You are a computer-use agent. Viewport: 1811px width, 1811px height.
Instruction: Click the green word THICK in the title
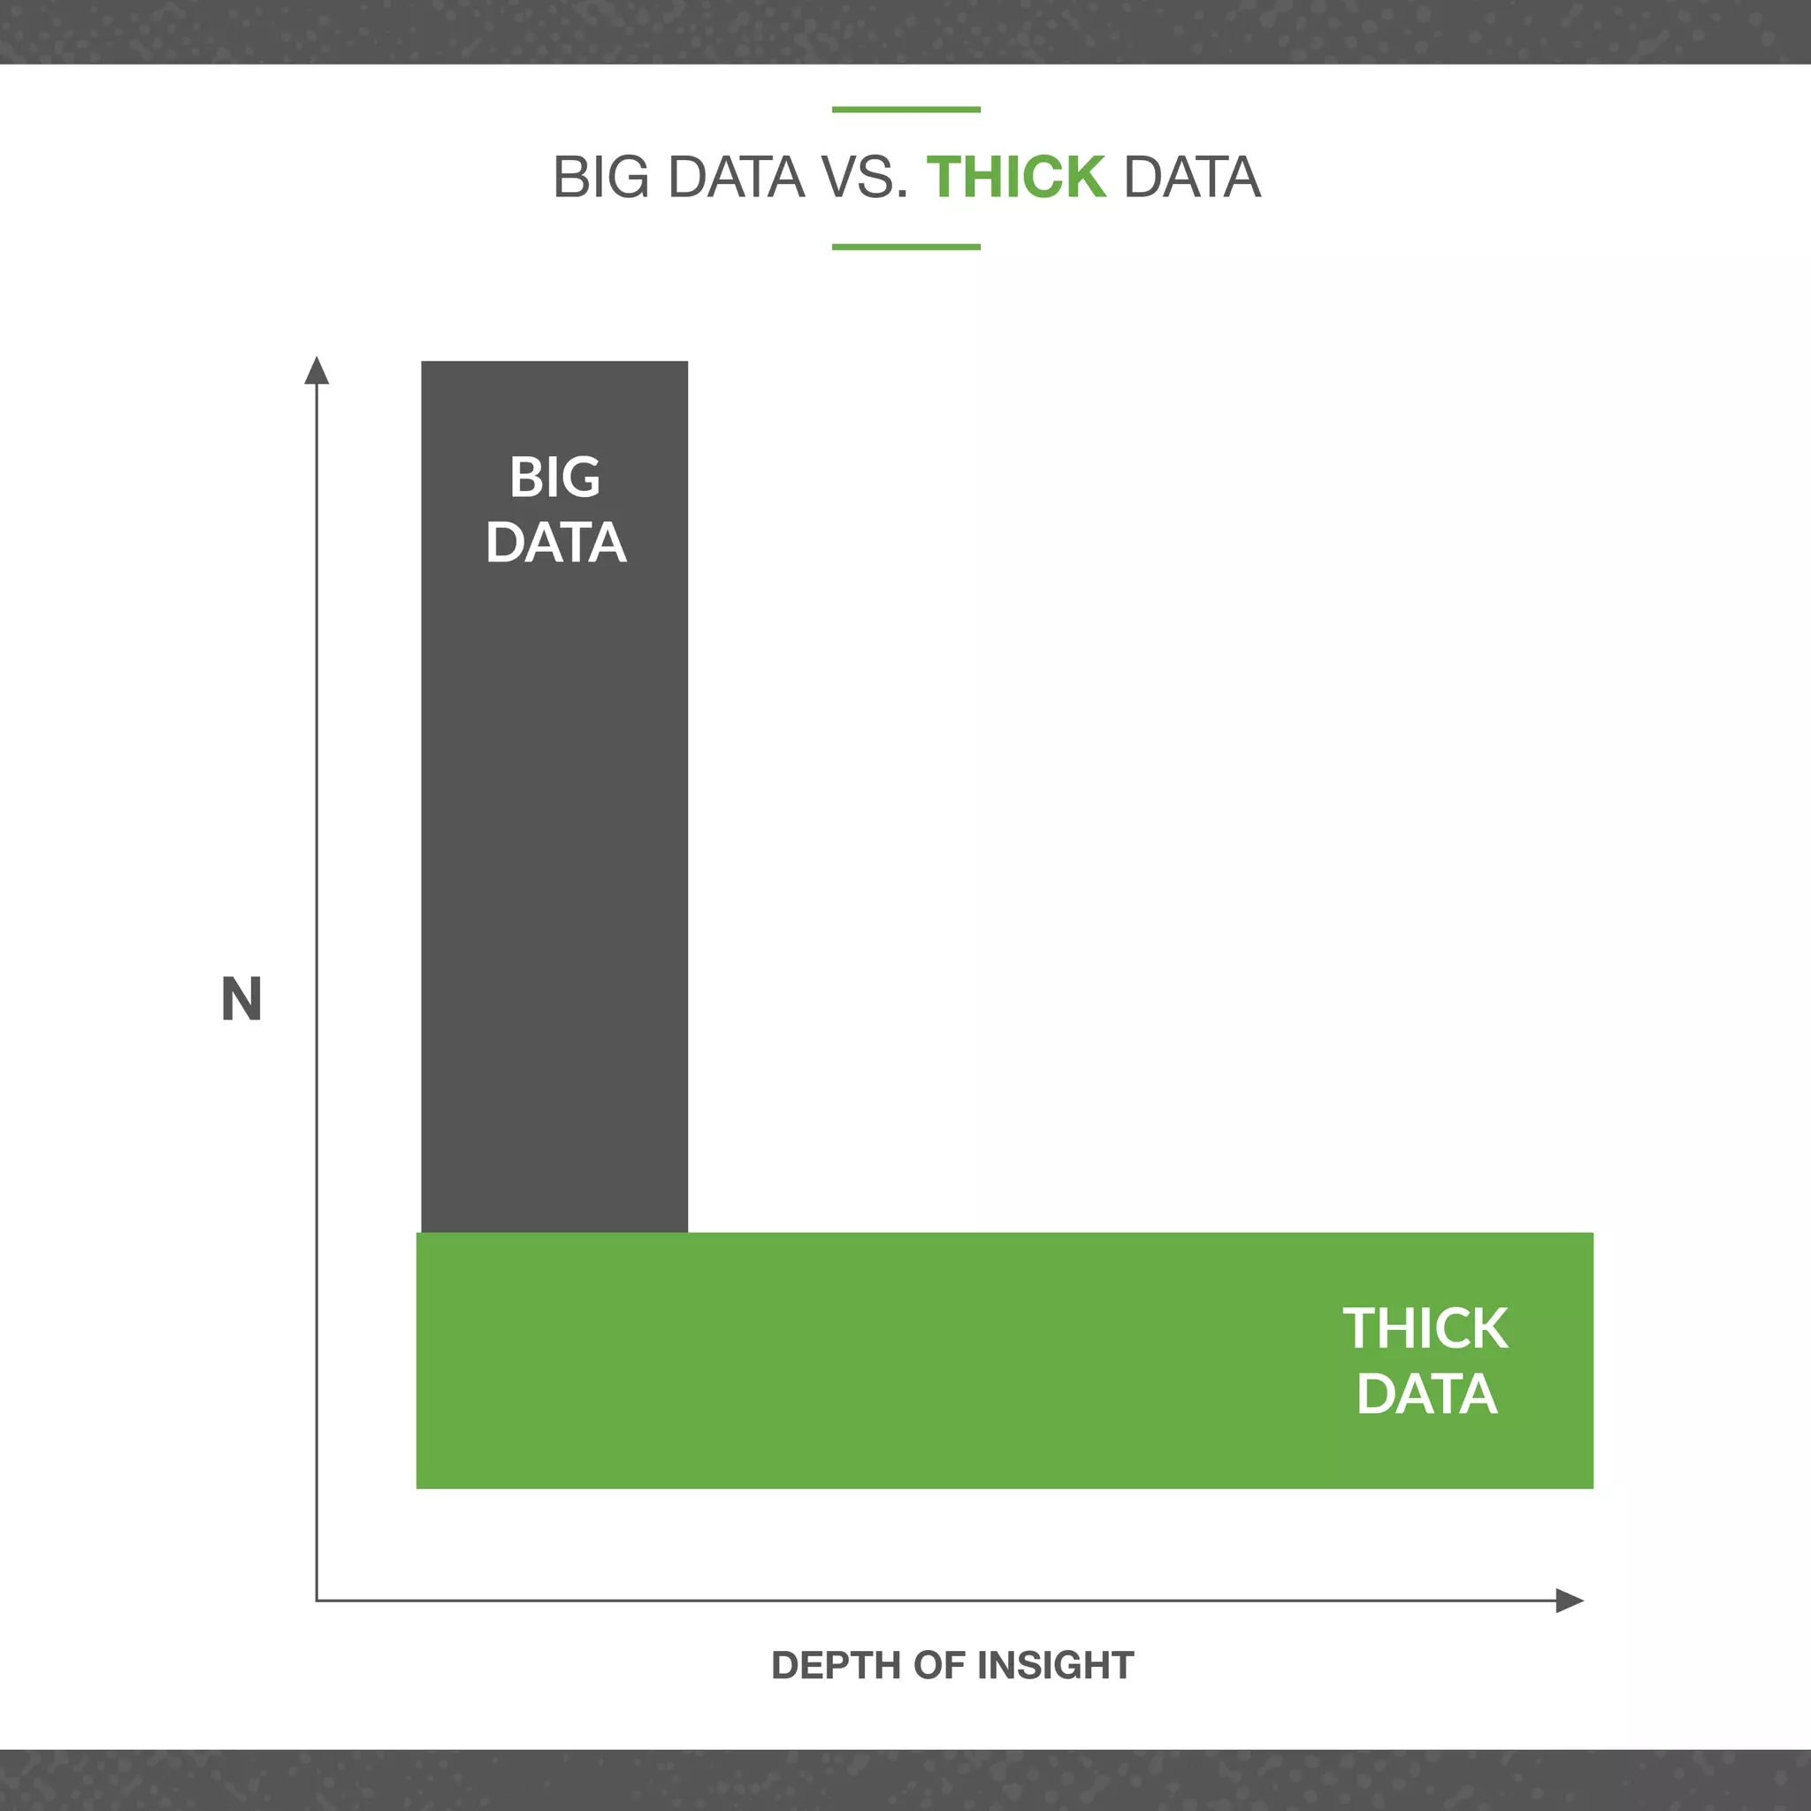tap(1016, 177)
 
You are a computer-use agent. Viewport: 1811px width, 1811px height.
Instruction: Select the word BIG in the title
tap(600, 177)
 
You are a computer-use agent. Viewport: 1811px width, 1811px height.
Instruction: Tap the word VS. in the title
tap(865, 177)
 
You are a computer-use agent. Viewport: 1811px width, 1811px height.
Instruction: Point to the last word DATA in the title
tap(1191, 177)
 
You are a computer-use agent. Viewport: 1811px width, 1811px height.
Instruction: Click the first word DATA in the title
tap(737, 177)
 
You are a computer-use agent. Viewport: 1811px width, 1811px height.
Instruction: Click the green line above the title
tap(905, 110)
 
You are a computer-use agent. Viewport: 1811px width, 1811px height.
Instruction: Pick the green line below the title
tap(905, 248)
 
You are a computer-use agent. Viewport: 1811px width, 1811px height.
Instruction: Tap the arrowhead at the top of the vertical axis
tap(317, 371)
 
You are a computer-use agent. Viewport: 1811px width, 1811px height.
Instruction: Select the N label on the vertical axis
tap(241, 999)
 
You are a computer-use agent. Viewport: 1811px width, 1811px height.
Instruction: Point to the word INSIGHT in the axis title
tap(1056, 1666)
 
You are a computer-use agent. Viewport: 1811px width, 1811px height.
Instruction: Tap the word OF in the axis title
tap(938, 1666)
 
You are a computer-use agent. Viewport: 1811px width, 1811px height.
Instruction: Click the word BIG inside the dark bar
tap(555, 478)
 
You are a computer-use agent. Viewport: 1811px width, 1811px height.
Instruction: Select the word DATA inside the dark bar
tap(556, 543)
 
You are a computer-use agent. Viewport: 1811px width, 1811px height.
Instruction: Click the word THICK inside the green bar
tap(1425, 1328)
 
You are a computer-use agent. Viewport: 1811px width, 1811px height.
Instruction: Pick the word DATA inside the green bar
tap(1426, 1394)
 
